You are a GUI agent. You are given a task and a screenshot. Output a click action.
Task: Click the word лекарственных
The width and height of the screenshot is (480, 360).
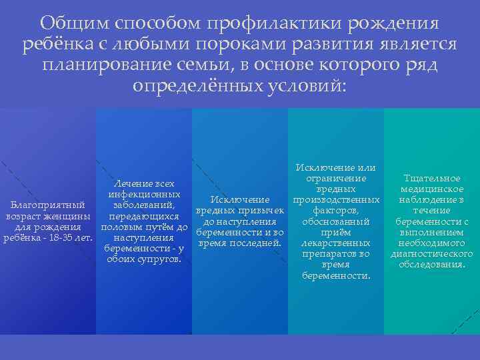pos(335,243)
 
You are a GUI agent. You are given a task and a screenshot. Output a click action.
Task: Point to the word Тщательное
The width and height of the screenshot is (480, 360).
pos(431,179)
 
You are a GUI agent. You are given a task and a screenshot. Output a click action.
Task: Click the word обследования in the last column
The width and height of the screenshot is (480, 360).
pos(431,265)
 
